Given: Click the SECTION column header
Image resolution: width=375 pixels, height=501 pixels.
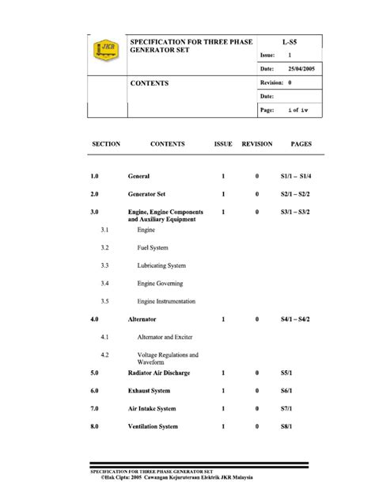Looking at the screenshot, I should [106, 144].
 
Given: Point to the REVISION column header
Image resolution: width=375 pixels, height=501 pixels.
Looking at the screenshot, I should [257, 144].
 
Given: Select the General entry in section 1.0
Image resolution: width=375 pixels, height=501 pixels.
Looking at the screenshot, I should [138, 174].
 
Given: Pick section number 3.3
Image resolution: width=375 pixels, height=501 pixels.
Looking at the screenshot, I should [104, 266].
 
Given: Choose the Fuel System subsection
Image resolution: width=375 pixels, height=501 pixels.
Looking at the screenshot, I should [153, 247].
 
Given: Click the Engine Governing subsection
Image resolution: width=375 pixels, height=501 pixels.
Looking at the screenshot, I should [160, 283].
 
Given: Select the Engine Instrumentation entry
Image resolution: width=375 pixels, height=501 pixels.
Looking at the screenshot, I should [166, 301].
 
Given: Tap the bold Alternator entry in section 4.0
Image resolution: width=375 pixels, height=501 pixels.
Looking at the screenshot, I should [142, 319].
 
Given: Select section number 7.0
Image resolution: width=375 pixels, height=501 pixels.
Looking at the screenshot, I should [93, 409].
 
